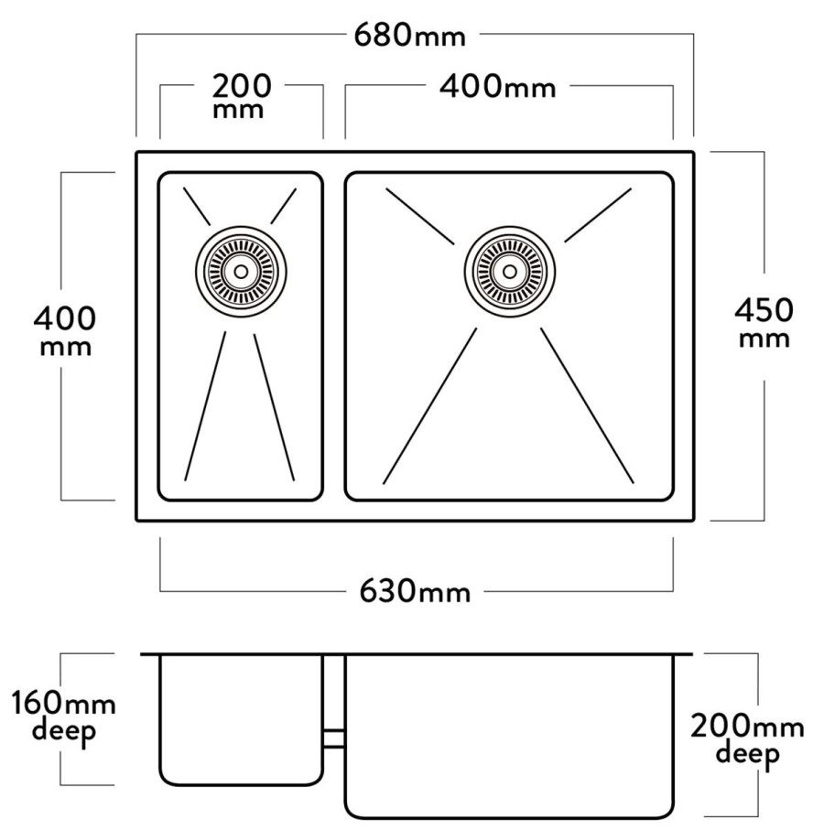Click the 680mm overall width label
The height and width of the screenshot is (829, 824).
(x=410, y=36)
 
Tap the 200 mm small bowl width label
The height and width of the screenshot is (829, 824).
(x=241, y=96)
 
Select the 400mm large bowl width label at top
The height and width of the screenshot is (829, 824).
(x=498, y=86)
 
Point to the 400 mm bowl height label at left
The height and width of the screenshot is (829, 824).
(x=65, y=330)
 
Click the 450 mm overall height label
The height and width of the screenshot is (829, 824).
(x=764, y=322)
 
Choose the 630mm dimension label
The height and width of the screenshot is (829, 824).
(x=415, y=590)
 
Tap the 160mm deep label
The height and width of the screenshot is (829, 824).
(x=63, y=716)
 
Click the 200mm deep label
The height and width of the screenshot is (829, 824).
(x=747, y=739)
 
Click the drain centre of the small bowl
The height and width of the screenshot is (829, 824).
(x=241, y=272)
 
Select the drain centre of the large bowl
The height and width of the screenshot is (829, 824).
(x=510, y=272)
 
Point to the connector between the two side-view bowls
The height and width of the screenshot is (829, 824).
(x=334, y=738)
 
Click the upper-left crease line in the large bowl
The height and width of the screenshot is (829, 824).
(x=420, y=216)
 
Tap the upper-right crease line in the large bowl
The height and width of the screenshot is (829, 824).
(x=598, y=215)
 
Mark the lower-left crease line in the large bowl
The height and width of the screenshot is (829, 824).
(x=429, y=406)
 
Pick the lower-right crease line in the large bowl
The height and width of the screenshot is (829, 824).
(x=587, y=406)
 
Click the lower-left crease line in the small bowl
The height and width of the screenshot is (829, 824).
(x=205, y=406)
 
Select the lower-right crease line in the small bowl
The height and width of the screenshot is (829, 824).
(x=274, y=407)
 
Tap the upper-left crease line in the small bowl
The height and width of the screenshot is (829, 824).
(x=197, y=206)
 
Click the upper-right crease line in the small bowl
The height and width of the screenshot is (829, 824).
(x=284, y=206)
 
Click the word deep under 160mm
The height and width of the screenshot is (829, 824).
(x=63, y=732)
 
